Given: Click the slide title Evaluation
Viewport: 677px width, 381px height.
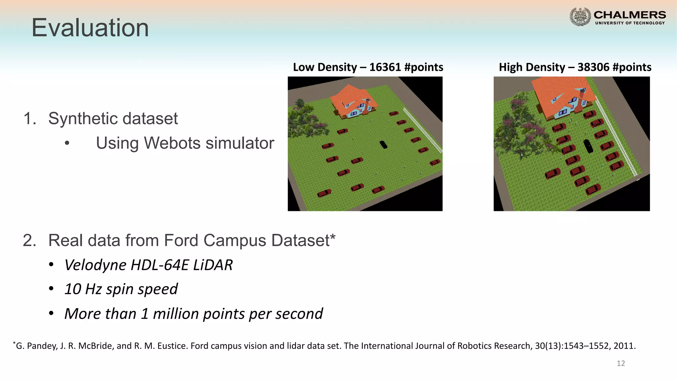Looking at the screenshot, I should click(90, 28).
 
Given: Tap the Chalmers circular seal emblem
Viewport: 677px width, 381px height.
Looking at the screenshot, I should click(580, 17).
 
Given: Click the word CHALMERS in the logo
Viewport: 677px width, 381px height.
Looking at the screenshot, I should click(630, 15).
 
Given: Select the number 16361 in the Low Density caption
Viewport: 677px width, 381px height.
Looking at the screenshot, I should click(385, 67).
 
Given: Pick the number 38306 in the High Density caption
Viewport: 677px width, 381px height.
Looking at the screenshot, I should click(593, 67).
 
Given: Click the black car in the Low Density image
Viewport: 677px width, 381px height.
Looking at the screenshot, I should click(383, 145).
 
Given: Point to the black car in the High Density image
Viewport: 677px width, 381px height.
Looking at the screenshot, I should click(588, 146).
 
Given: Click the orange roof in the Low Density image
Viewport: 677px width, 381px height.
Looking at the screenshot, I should click(350, 96).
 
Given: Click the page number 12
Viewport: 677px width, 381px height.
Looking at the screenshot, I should click(621, 363).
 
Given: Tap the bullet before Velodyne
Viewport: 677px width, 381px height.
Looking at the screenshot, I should click(51, 265).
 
